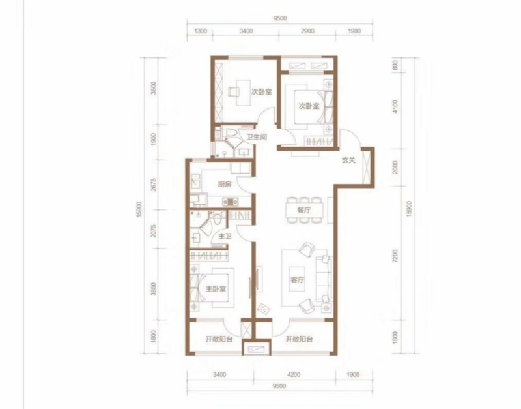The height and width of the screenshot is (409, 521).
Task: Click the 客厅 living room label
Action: tap(297, 280)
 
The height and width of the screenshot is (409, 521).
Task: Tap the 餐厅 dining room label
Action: tap(303, 210)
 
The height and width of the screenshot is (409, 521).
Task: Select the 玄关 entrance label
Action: tap(348, 160)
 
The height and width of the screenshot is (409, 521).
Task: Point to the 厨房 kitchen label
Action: tap(225, 184)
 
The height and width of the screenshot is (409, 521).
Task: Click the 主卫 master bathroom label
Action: tap(225, 236)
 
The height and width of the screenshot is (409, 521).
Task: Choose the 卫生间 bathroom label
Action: tap(257, 137)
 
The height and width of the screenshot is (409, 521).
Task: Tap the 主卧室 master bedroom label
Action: tap(216, 288)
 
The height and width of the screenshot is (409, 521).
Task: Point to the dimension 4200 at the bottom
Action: tap(294, 374)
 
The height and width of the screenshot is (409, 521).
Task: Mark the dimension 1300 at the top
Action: tap(201, 31)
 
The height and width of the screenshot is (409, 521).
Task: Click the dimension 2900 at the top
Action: tap(307, 31)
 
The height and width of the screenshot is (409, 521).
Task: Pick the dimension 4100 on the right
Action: tap(395, 106)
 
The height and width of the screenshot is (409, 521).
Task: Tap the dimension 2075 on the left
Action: tap(153, 230)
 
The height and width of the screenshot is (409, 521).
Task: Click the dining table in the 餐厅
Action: tap(304, 210)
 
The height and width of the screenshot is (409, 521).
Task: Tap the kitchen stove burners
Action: tap(231, 201)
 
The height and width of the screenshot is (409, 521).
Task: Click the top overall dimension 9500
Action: tap(280, 18)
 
